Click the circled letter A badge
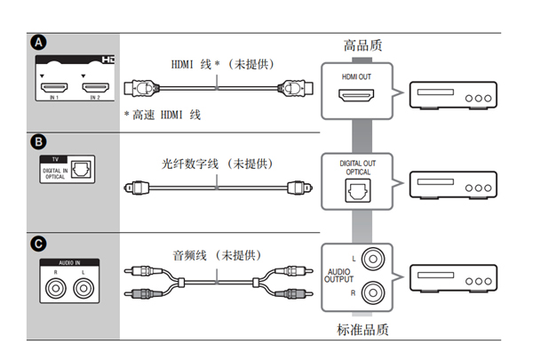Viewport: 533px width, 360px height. click(x=38, y=42)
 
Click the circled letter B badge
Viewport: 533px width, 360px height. click(x=38, y=141)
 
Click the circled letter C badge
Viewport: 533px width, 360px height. click(x=38, y=243)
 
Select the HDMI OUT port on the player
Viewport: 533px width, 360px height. click(x=356, y=97)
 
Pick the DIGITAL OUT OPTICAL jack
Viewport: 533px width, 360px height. click(x=356, y=189)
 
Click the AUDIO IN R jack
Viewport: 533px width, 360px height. click(x=58, y=288)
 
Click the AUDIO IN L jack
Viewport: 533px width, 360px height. click(x=84, y=288)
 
